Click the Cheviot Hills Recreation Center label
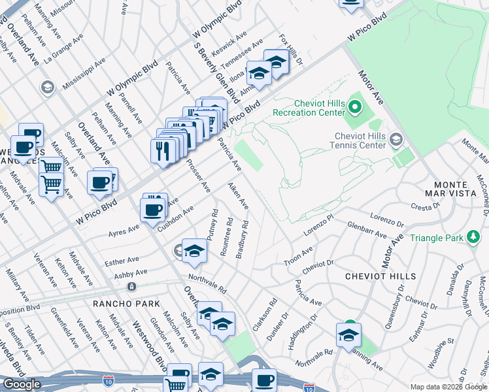pos(319,108)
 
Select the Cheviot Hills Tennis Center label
pos(360,140)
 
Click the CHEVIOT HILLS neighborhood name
pos(380,276)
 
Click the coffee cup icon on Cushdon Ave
pos(152,210)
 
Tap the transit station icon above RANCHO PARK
pos(132,287)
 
